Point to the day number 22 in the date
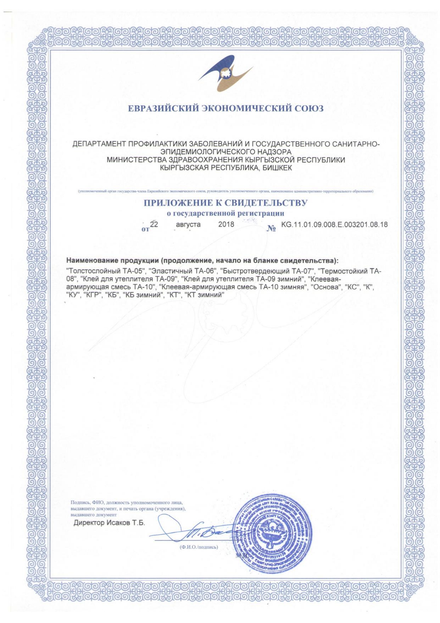click(154, 224)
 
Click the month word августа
click(188, 224)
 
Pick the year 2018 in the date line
click(226, 224)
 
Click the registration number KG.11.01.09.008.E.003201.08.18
click(334, 224)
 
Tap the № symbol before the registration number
click(271, 228)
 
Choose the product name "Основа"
click(326, 287)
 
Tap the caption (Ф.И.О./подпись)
click(199, 547)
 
